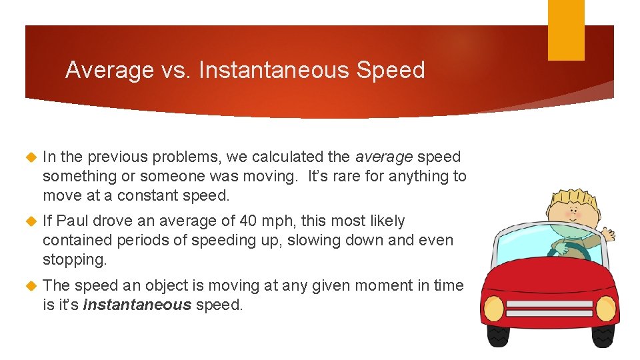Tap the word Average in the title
[109, 70]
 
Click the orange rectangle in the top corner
[566, 30]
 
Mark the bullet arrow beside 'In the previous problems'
[29, 158]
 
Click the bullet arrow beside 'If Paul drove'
[29, 221]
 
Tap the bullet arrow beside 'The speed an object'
[29, 286]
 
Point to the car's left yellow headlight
[494, 308]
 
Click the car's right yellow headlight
[605, 308]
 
